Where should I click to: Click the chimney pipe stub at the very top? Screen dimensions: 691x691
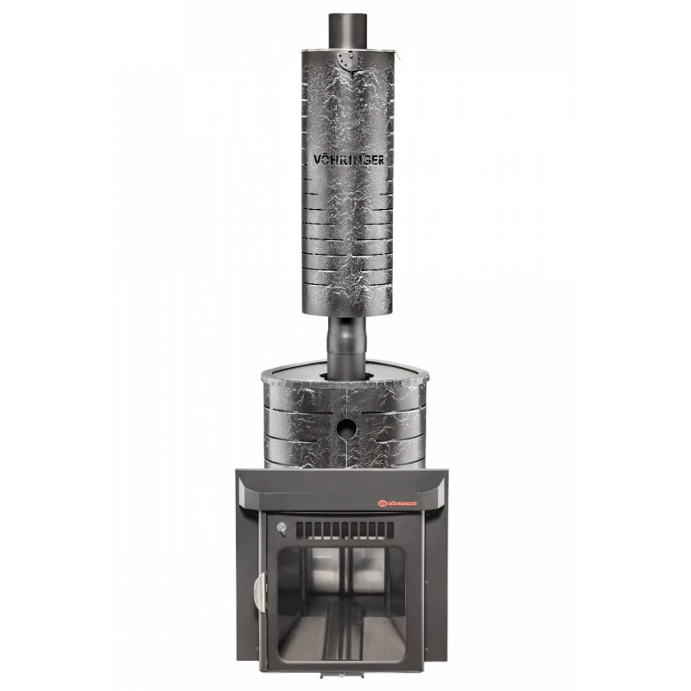(347, 30)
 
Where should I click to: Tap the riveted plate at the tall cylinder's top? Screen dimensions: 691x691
(345, 61)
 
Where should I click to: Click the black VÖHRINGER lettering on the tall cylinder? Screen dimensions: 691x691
(348, 160)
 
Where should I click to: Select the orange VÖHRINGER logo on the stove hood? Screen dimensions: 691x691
(398, 503)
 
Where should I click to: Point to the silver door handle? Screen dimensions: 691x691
(261, 592)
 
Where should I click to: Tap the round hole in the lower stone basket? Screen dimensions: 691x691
(346, 427)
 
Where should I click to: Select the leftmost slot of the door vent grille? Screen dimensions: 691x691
(300, 530)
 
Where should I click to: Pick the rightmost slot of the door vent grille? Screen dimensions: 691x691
(390, 530)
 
